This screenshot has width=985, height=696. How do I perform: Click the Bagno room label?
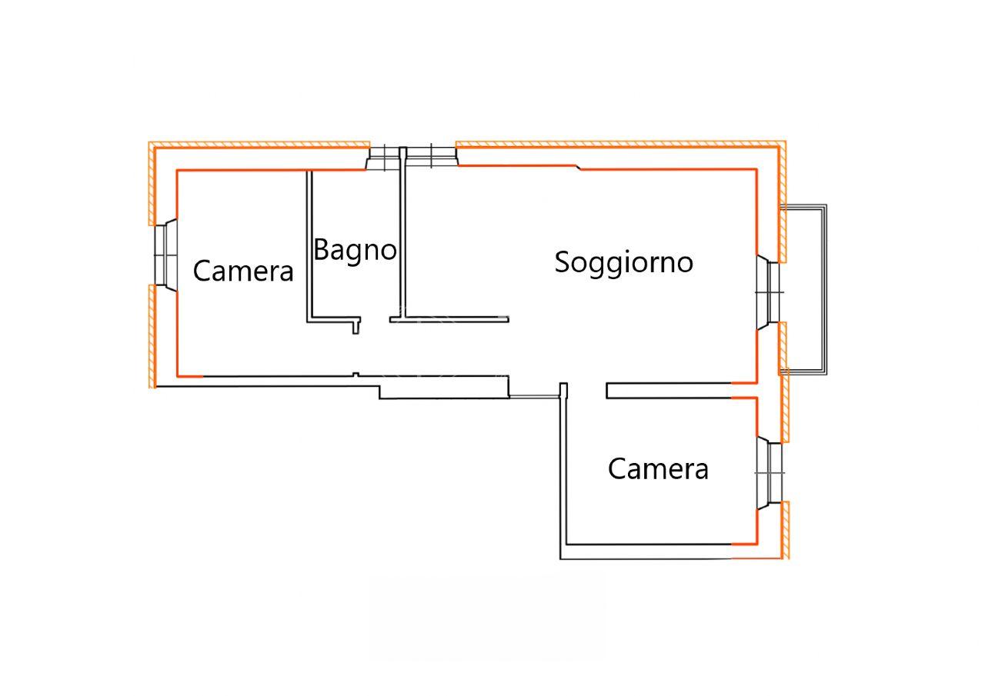[355, 251]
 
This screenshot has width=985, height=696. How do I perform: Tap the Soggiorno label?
[623, 262]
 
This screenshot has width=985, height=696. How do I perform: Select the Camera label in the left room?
[243, 271]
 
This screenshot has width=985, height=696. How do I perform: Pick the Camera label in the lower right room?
[658, 468]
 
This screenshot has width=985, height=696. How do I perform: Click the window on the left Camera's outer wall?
[165, 254]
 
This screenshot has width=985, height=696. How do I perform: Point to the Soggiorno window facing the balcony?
[769, 293]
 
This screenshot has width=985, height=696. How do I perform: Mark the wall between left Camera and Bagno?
[310, 246]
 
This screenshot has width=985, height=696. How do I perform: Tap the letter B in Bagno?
[322, 250]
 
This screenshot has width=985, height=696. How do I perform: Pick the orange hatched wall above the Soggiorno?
[616, 144]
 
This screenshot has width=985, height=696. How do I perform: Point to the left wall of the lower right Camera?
[563, 469]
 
